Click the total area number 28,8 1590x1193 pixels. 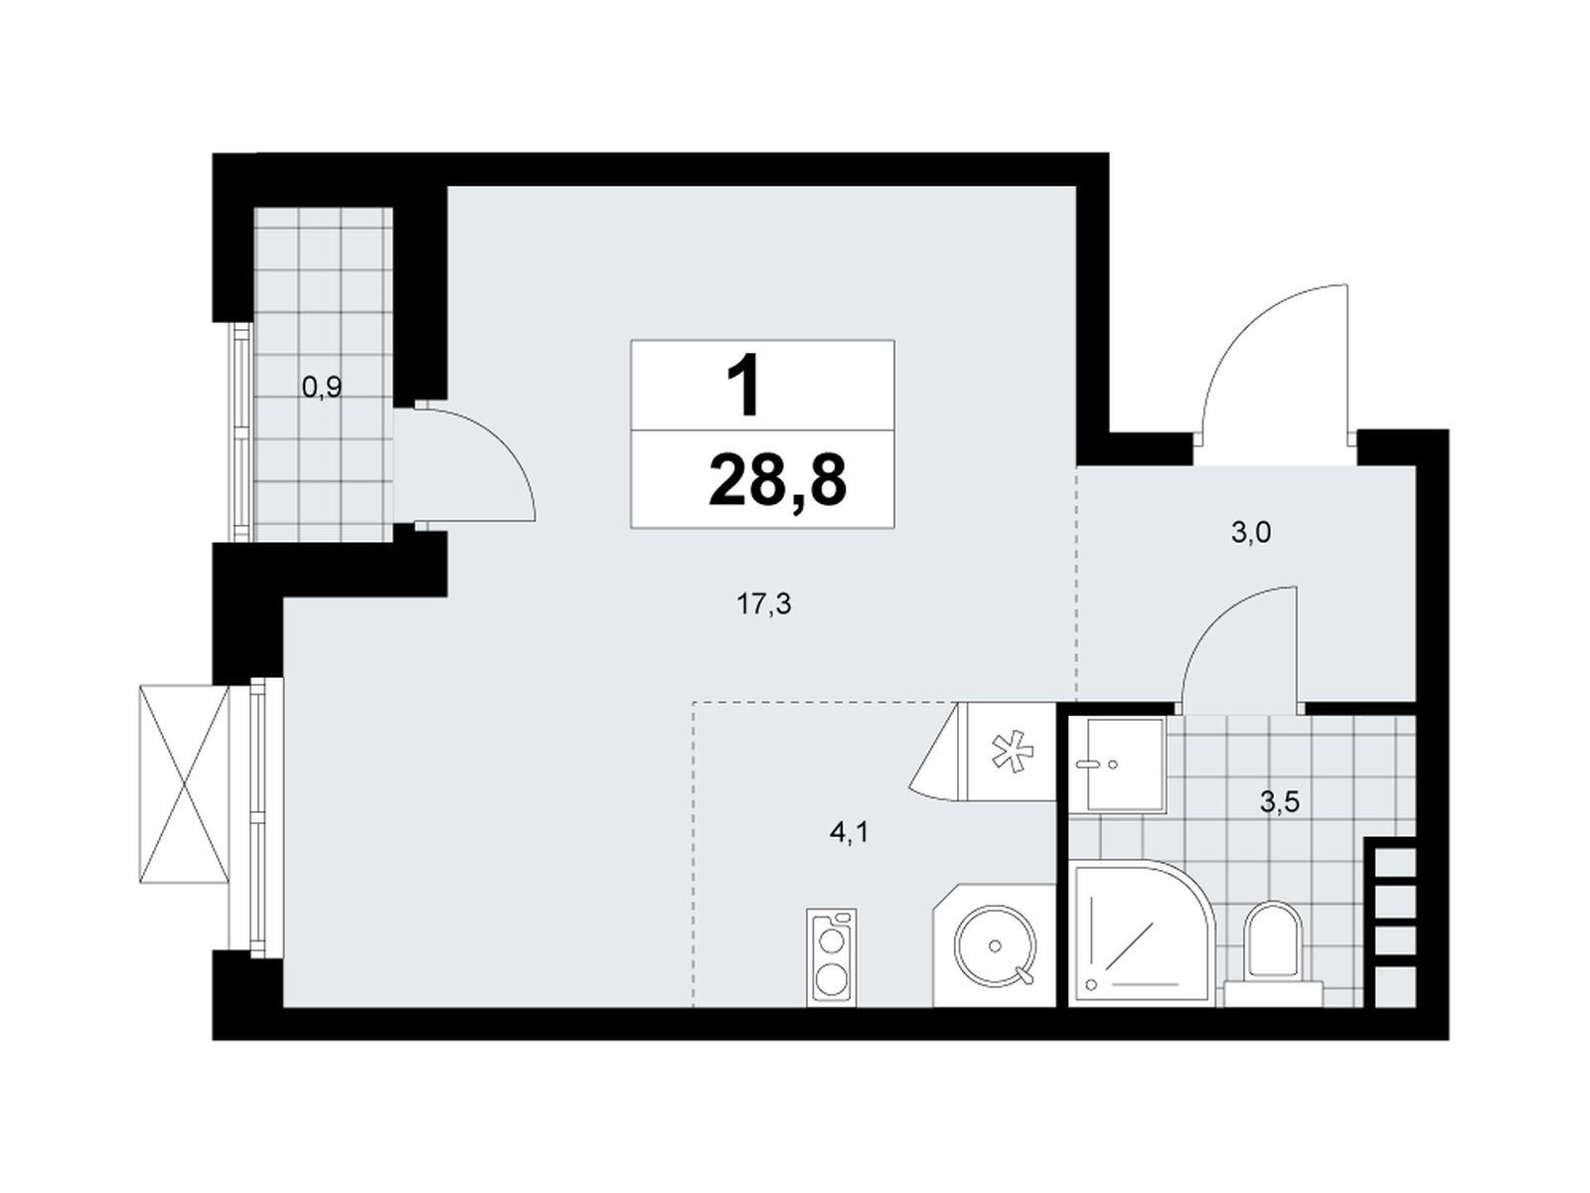pos(776,479)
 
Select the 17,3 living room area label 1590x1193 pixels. pos(764,602)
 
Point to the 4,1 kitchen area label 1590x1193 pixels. pos(849,833)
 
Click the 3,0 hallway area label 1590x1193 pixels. pos(1251,533)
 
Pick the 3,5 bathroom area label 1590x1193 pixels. pos(1280,802)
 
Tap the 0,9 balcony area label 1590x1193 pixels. pos(322,389)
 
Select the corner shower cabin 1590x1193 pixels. pos(1142,934)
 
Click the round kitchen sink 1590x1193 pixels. pos(995,945)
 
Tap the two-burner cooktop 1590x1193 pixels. pos(831,956)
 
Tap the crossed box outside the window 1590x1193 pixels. pos(183,784)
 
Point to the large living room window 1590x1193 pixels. pos(257,817)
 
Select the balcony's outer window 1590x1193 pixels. pos(241,431)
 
